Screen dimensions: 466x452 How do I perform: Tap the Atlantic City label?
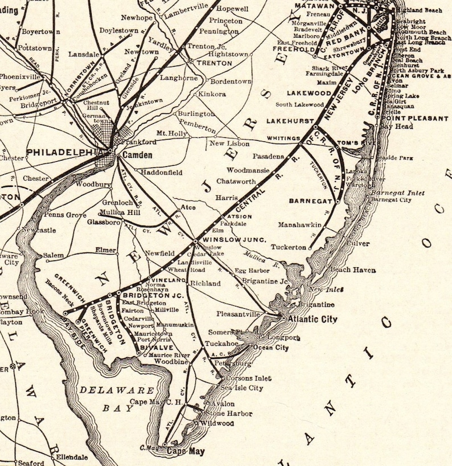tap(313, 319)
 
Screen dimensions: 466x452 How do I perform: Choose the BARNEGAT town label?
tap(310, 201)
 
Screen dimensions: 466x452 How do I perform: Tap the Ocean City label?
tap(270, 347)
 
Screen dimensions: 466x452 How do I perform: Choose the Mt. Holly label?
tap(172, 133)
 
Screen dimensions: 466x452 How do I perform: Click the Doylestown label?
tap(119, 30)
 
